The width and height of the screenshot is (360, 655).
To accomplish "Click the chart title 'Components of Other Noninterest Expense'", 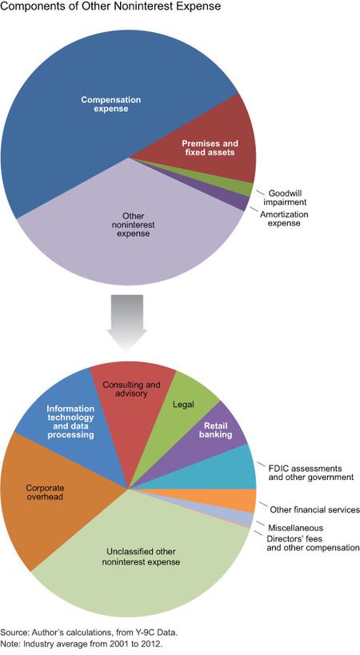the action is click(x=110, y=7).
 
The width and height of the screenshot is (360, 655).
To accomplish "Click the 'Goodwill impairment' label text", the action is click(x=285, y=198).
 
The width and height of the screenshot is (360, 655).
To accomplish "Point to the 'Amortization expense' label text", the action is click(x=284, y=219).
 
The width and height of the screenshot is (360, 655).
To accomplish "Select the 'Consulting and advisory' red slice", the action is click(x=134, y=401).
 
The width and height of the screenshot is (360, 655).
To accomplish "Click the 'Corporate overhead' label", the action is click(x=45, y=492).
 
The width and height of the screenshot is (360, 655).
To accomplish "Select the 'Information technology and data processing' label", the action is click(x=70, y=421).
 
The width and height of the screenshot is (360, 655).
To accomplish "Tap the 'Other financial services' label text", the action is click(x=314, y=509).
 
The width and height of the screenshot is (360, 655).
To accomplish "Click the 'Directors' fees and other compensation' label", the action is click(x=313, y=543).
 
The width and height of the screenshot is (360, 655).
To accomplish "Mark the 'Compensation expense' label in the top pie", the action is click(x=110, y=104).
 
